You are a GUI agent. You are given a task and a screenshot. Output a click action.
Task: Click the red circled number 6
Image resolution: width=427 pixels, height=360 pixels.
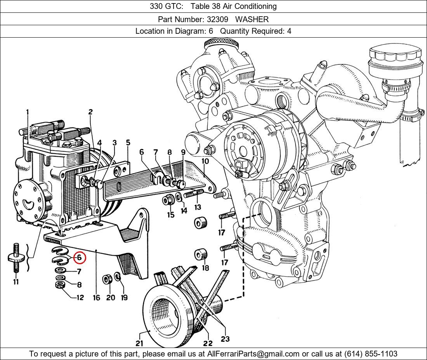pyautogui.click(x=79, y=257)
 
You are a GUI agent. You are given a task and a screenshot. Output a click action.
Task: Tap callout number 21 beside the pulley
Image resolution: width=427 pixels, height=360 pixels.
pyautogui.click(x=139, y=343)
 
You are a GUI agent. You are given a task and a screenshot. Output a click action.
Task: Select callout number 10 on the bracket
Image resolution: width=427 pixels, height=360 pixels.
pyautogui.click(x=205, y=161)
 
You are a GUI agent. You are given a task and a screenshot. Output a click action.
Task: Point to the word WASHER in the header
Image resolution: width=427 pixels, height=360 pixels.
pyautogui.click(x=252, y=19)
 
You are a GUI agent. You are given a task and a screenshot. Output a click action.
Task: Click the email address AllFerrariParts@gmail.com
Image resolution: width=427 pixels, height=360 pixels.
pyautogui.click(x=253, y=354)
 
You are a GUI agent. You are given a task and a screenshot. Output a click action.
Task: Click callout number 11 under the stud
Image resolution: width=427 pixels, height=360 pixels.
pyautogui.click(x=16, y=282)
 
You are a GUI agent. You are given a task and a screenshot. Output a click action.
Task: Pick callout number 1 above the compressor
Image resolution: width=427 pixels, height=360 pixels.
pyautogui.click(x=28, y=112)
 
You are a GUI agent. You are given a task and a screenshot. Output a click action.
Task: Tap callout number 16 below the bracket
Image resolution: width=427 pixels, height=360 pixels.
pyautogui.click(x=96, y=298)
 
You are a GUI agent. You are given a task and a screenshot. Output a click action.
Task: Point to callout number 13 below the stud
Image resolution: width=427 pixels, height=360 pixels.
pyautogui.click(x=198, y=207)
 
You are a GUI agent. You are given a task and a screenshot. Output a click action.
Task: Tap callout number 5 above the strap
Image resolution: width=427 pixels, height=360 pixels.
pyautogui.click(x=128, y=143)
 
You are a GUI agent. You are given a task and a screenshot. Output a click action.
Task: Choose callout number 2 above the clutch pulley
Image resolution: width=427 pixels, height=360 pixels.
pyautogui.click(x=90, y=112)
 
